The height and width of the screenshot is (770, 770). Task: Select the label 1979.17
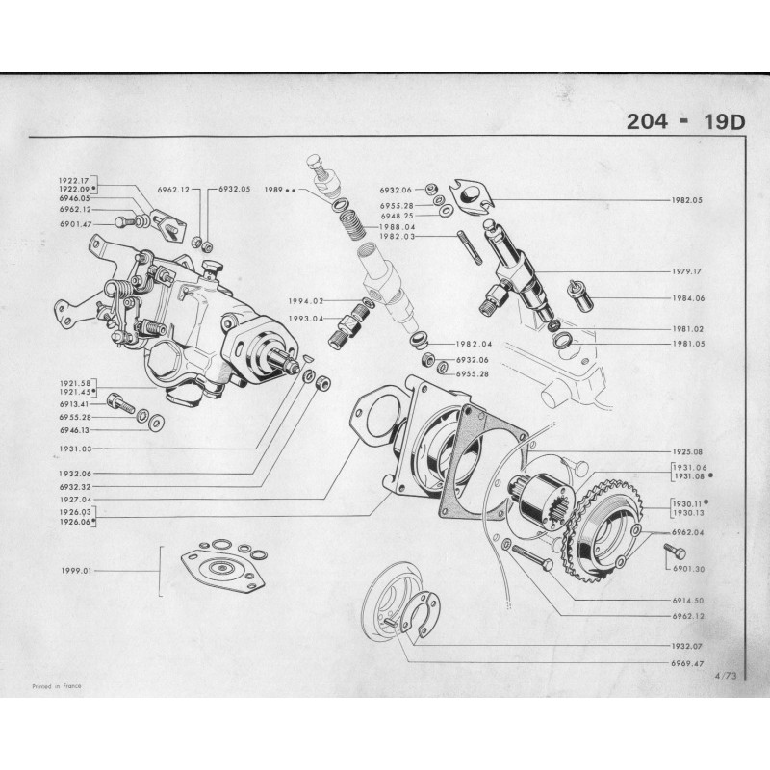pyautogui.click(x=685, y=271)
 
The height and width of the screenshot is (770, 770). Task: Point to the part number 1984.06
pyautogui.click(x=685, y=298)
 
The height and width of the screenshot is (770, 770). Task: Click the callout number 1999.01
pyautogui.click(x=74, y=571)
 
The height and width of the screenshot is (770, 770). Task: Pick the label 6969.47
pyautogui.click(x=685, y=664)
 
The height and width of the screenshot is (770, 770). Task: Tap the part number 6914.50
pyautogui.click(x=685, y=600)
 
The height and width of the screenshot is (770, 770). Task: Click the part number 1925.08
pyautogui.click(x=685, y=450)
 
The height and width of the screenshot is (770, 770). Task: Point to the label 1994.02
pyautogui.click(x=304, y=301)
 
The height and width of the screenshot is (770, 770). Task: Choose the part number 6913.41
pyautogui.click(x=74, y=404)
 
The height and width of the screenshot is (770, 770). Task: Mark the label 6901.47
pyautogui.click(x=74, y=223)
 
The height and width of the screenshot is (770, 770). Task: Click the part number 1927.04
pyautogui.click(x=74, y=500)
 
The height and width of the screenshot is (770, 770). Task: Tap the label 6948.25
pyautogui.click(x=396, y=216)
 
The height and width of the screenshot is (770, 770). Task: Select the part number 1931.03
pyautogui.click(x=74, y=449)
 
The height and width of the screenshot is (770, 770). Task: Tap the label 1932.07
pyautogui.click(x=685, y=646)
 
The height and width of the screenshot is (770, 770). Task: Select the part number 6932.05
pyautogui.click(x=234, y=190)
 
